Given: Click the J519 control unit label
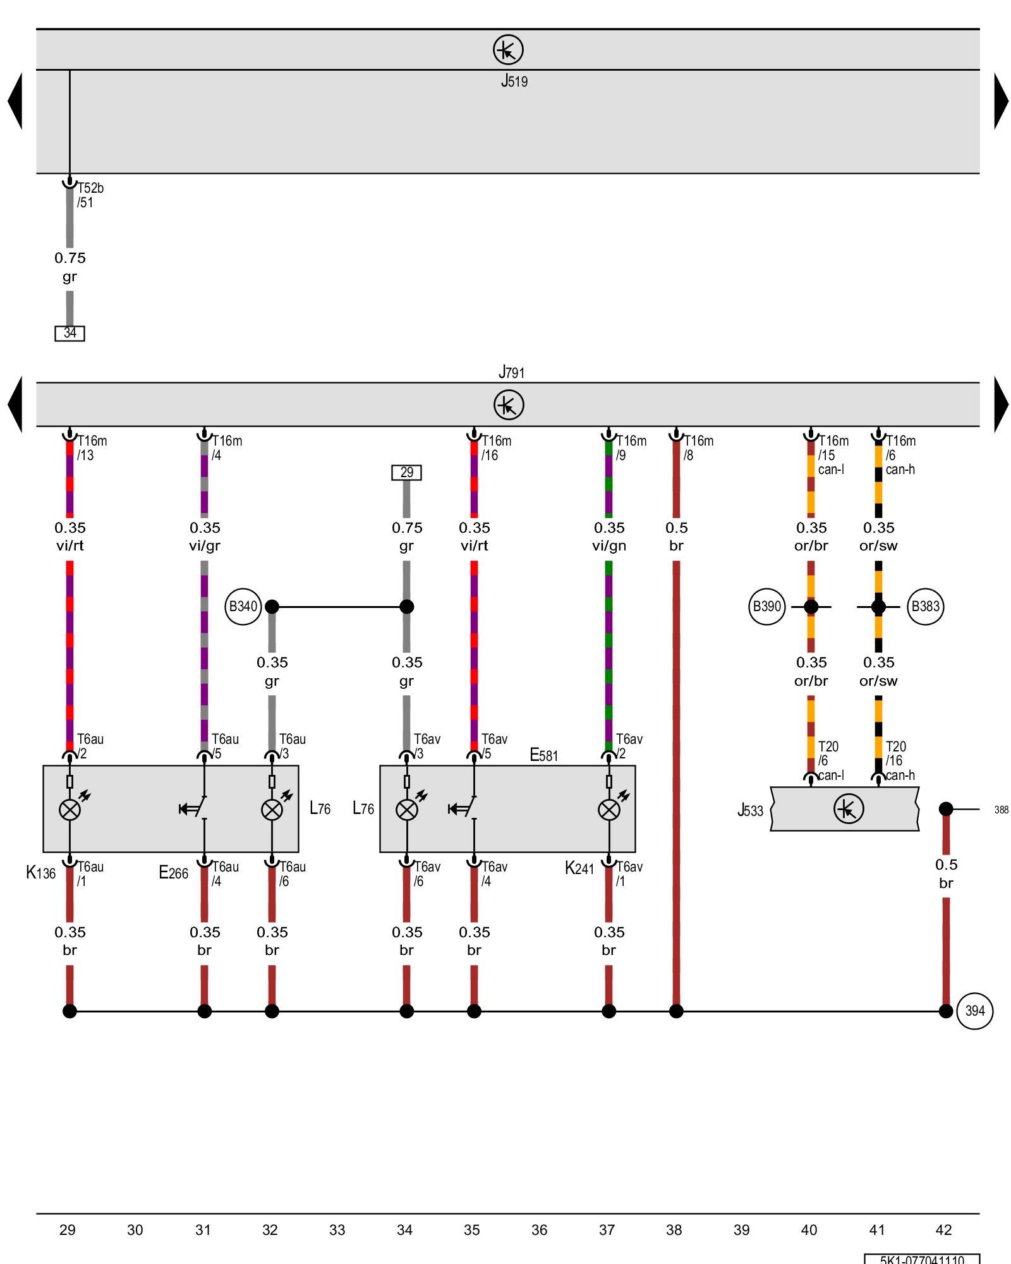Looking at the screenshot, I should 514,81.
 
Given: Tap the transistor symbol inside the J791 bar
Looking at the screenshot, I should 509,404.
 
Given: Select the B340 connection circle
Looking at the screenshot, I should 243,607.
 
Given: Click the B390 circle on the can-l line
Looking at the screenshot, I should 766,607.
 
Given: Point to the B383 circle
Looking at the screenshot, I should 925,607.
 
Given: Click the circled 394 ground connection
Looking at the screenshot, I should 974,1011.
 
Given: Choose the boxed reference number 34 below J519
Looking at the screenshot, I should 70,333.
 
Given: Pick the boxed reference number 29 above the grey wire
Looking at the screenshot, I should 406,472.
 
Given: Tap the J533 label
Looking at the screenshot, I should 750,810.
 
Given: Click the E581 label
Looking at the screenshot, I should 543,755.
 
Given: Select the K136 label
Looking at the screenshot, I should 40,873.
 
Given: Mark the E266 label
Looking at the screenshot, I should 173,873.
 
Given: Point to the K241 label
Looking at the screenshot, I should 579,868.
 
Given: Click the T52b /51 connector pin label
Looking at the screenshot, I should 90,195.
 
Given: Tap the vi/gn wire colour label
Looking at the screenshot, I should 608,546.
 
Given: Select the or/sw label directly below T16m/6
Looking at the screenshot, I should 878,546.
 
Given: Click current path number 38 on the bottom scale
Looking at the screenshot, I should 674,1230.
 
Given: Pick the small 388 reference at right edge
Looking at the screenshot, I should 1001,810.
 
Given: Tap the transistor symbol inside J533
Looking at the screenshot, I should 848,809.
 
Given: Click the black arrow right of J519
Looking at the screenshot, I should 1001,101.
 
